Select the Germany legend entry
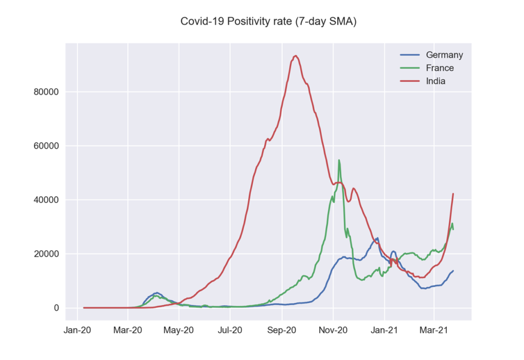pyautogui.click(x=444, y=55)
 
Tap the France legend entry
pyautogui.click(x=440, y=68)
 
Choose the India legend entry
pyautogui.click(x=435, y=81)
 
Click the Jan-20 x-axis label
pyautogui.click(x=77, y=330)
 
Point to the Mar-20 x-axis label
pyautogui.click(x=128, y=330)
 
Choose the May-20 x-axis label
pyautogui.click(x=179, y=330)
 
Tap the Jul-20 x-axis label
pyautogui.click(x=230, y=330)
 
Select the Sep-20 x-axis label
pyautogui.click(x=282, y=330)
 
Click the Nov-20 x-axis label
pyautogui.click(x=333, y=330)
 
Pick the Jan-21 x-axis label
pyautogui.click(x=385, y=330)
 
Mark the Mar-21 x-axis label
pyautogui.click(x=434, y=330)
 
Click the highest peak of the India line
pyautogui.click(x=295, y=56)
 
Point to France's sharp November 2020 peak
pyautogui.click(x=339, y=160)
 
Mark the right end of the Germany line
pyautogui.click(x=453, y=271)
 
